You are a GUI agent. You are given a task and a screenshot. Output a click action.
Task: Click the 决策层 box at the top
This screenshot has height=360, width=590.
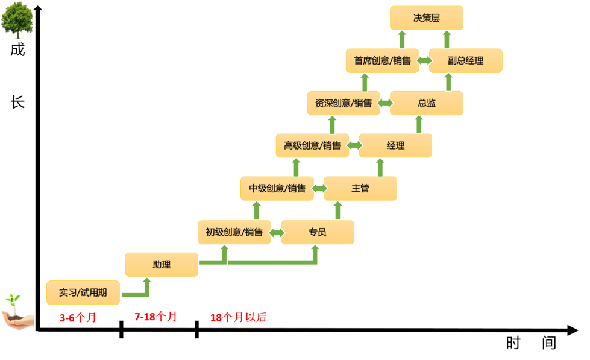(426, 18)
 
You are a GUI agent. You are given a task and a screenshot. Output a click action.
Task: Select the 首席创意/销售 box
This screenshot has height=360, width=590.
(382, 61)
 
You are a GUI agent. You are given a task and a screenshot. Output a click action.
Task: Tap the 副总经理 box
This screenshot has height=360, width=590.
(465, 61)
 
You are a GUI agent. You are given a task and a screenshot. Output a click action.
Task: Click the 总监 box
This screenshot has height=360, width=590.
(426, 103)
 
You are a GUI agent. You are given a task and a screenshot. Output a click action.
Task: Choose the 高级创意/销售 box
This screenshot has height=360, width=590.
(312, 145)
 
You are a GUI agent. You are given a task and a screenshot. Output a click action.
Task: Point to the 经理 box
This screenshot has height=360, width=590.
(395, 145)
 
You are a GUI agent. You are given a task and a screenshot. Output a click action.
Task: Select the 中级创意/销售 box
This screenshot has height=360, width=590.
(277, 188)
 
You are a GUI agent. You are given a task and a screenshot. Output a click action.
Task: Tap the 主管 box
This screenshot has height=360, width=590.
(360, 188)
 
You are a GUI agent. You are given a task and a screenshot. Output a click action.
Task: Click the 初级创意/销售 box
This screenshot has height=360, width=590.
(234, 232)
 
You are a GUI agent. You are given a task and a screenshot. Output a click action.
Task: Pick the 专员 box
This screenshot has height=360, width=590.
(318, 232)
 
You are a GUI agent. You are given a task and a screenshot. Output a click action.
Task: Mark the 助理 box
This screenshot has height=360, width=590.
(162, 265)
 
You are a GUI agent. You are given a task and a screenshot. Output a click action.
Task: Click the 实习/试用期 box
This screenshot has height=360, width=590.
(83, 293)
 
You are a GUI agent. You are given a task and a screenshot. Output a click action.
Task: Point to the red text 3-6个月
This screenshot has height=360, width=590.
(78, 318)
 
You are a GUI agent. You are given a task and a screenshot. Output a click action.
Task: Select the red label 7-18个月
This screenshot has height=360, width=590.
(155, 317)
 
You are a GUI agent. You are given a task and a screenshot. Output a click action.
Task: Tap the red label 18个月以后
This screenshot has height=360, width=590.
(238, 318)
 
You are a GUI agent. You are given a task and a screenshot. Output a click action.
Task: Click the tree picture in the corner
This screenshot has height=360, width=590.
(17, 20)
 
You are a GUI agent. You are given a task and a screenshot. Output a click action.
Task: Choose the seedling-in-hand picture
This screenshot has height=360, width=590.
(17, 311)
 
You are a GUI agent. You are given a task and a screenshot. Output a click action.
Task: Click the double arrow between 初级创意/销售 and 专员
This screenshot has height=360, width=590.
(277, 232)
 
